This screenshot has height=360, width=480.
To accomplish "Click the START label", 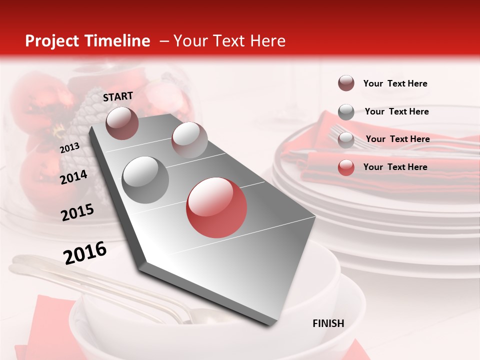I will click(118, 96).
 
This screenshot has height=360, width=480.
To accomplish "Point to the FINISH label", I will click(328, 323).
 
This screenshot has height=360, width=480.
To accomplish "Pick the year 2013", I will click(69, 148).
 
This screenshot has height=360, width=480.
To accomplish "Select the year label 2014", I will click(73, 177).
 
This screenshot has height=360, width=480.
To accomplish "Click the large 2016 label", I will click(85, 253).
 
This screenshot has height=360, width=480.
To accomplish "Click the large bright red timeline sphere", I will click(216, 207).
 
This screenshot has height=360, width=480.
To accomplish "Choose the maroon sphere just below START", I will click(122, 123).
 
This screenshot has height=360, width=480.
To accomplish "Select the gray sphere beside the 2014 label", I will click(145, 179).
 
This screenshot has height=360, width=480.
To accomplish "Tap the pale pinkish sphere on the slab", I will click(189, 139).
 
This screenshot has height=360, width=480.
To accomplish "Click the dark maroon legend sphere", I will click(346, 83).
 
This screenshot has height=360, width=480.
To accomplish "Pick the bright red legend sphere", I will click(346, 167).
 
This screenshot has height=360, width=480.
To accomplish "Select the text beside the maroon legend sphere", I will click(395, 83).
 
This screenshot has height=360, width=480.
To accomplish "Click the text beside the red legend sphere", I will click(395, 167).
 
